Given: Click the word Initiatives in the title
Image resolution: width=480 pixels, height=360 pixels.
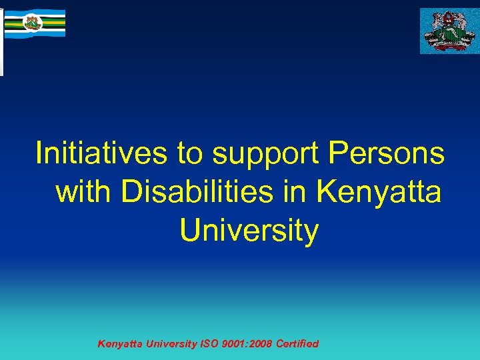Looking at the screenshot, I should click(100, 153).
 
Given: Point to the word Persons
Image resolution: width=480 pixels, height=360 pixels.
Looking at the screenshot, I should click(386, 153).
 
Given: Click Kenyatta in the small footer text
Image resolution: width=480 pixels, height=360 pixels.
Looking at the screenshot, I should click(119, 344).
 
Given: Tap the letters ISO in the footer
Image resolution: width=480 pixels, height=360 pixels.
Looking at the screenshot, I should click(210, 344).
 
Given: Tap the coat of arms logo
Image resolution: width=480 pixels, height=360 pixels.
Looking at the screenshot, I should click(447, 31).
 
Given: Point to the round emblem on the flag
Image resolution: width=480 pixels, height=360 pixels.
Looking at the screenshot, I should click(31, 23).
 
